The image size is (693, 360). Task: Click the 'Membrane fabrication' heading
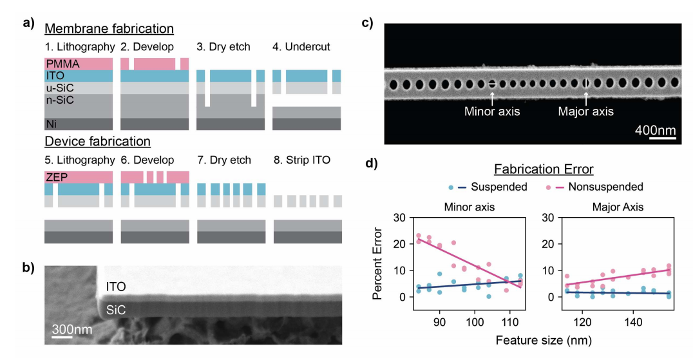[109, 29]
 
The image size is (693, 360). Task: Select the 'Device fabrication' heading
[97, 140]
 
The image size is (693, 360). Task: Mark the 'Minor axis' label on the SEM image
[491, 111]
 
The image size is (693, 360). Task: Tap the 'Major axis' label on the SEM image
[585, 111]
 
